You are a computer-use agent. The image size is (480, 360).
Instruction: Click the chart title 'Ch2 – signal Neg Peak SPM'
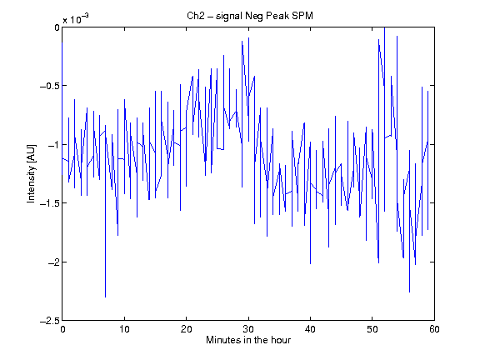tap(250, 15)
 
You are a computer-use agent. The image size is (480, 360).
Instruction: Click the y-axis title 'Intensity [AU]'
tap(31, 173)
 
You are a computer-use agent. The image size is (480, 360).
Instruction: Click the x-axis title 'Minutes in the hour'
tap(248, 340)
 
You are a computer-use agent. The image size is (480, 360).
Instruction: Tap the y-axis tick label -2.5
tap(50, 321)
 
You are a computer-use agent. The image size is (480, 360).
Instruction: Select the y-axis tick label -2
tap(53, 262)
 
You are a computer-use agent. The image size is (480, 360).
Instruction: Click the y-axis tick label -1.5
tap(50, 203)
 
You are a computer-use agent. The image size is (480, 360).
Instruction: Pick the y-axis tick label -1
tap(53, 144)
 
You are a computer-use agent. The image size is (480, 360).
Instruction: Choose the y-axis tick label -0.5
tap(50, 86)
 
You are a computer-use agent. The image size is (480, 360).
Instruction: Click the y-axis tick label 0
tap(57, 27)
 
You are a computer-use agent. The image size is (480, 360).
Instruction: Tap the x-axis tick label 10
tap(124, 329)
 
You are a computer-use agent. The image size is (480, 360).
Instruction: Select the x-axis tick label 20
tap(186, 329)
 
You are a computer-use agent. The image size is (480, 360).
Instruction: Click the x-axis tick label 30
tap(248, 329)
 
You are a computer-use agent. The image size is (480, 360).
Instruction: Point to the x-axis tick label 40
tap(310, 329)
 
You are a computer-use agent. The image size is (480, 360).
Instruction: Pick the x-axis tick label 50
tap(372, 329)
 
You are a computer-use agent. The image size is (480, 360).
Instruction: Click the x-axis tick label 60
tap(434, 329)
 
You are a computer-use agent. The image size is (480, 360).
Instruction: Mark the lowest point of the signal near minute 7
tap(105, 297)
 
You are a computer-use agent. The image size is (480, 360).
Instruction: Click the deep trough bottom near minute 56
tap(410, 292)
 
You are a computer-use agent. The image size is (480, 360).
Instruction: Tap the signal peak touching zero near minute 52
tap(384, 27)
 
